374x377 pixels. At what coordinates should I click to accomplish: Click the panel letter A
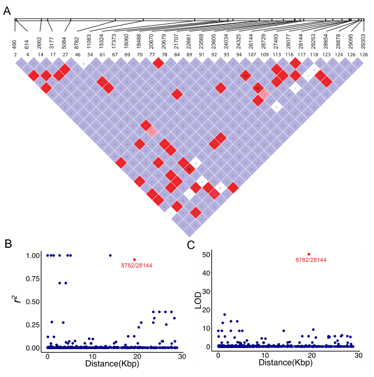[7, 11]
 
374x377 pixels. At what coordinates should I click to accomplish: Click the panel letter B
[7, 243]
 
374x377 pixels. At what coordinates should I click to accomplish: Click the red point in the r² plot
[134, 260]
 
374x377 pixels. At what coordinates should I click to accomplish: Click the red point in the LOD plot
[309, 254]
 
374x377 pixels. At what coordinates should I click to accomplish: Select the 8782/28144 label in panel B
[136, 265]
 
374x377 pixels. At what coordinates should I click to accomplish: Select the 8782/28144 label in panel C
[311, 260]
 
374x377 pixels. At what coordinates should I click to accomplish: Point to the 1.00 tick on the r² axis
[34, 256]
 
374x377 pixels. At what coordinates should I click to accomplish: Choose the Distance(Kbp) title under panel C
[284, 363]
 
